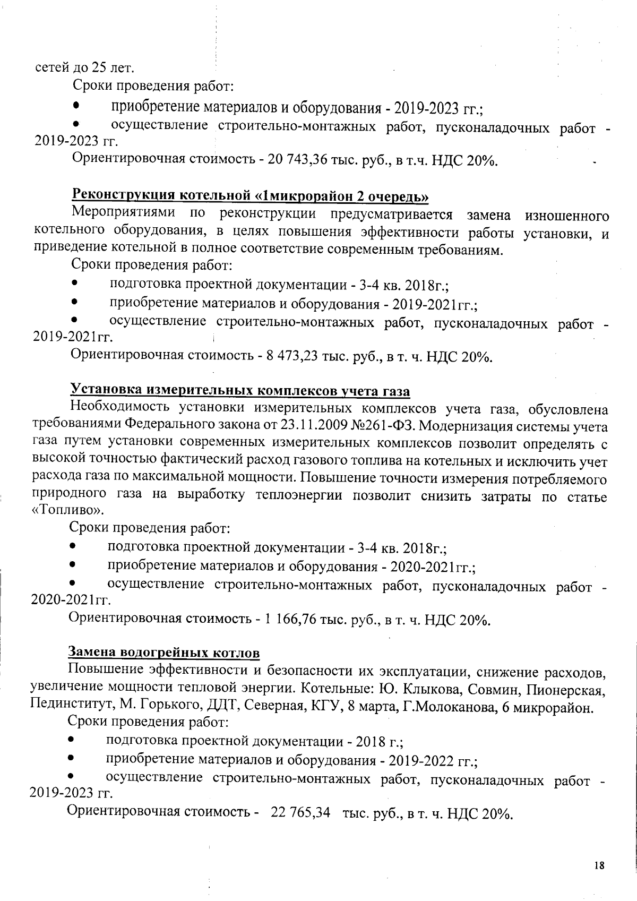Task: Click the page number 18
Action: pos(599,865)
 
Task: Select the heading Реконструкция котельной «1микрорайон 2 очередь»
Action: pos(250,196)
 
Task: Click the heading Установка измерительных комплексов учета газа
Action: pos(240,391)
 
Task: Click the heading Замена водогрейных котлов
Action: pos(164,652)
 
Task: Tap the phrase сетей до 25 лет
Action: pos(84,68)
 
